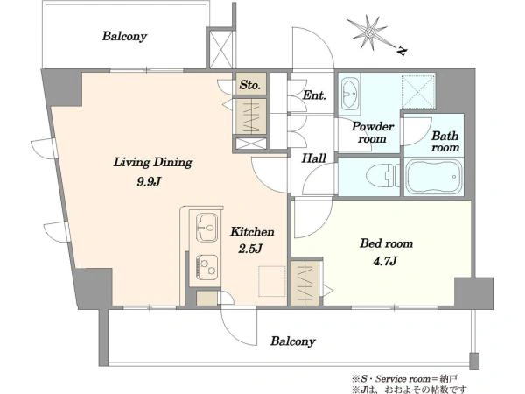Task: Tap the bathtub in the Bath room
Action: [x=434, y=177]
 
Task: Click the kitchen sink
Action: [x=206, y=227]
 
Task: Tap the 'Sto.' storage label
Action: [x=249, y=85]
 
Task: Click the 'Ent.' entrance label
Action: [x=314, y=95]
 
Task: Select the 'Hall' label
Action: [x=313, y=158]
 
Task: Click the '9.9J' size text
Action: [x=149, y=182]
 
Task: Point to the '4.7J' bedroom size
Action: [x=385, y=261]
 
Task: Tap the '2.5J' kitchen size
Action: [x=250, y=249]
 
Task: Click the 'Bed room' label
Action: [x=387, y=243]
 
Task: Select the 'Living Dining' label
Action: [x=153, y=163]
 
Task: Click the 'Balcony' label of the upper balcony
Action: [x=124, y=36]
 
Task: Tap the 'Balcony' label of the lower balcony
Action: [x=293, y=341]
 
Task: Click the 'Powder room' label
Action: [x=373, y=133]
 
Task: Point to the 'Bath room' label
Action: [x=445, y=141]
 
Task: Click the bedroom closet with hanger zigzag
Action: [x=304, y=282]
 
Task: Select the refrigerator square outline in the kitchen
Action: [x=272, y=281]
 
